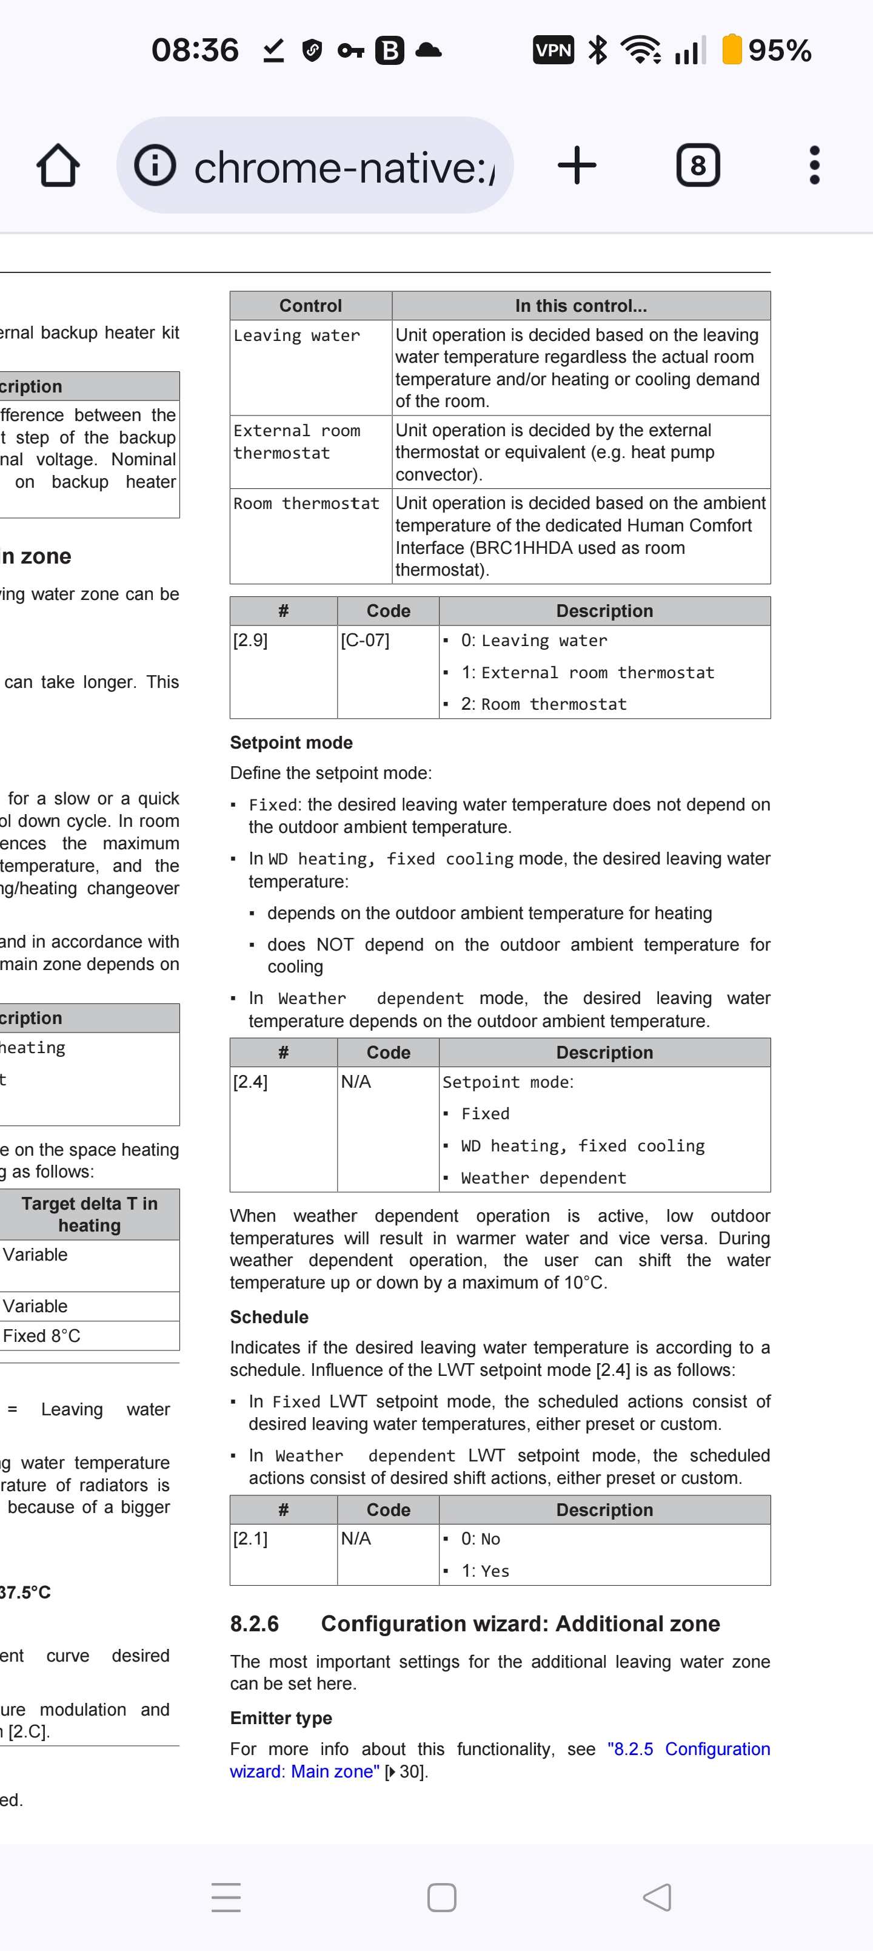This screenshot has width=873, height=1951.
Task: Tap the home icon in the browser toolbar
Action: click(x=58, y=166)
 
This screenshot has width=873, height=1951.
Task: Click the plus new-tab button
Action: click(x=577, y=165)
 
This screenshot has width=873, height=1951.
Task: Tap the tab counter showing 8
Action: click(x=697, y=165)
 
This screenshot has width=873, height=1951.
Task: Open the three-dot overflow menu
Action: click(x=814, y=165)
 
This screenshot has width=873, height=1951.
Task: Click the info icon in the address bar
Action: click(x=155, y=165)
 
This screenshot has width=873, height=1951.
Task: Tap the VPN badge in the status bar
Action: click(x=553, y=51)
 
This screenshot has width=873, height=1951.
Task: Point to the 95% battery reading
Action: click(x=779, y=51)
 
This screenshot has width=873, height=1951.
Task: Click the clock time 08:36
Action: click(x=195, y=51)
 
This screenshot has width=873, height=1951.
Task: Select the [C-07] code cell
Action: click(x=365, y=641)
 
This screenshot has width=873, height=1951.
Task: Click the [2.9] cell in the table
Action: click(x=250, y=641)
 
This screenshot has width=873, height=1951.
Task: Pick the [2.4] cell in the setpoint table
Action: click(x=250, y=1082)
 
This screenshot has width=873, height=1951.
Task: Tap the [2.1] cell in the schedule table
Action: click(x=250, y=1538)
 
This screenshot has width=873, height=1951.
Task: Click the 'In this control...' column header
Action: click(x=581, y=306)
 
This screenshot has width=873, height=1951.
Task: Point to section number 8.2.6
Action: click(x=255, y=1624)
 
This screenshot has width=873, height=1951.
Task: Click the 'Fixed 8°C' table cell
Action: click(x=42, y=1336)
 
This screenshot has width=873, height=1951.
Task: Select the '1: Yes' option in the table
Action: click(x=486, y=1571)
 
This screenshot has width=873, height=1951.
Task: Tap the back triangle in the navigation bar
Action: click(x=657, y=1897)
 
